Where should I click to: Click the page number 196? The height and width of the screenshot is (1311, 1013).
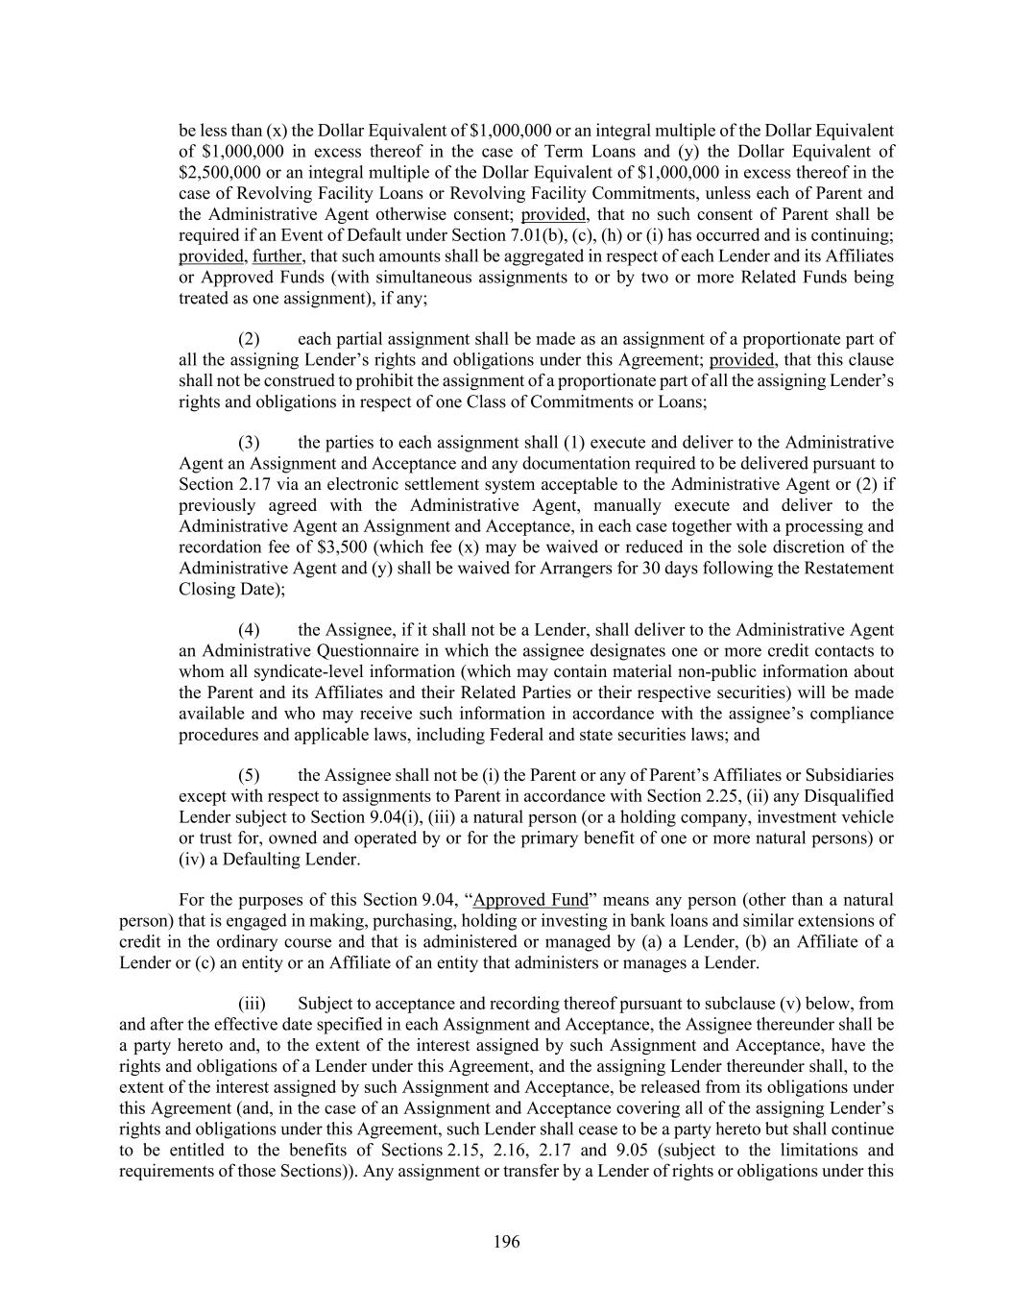coord(506,1243)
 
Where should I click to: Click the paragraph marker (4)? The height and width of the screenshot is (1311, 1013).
coord(249,630)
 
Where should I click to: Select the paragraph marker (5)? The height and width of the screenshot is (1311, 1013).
coord(249,775)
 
